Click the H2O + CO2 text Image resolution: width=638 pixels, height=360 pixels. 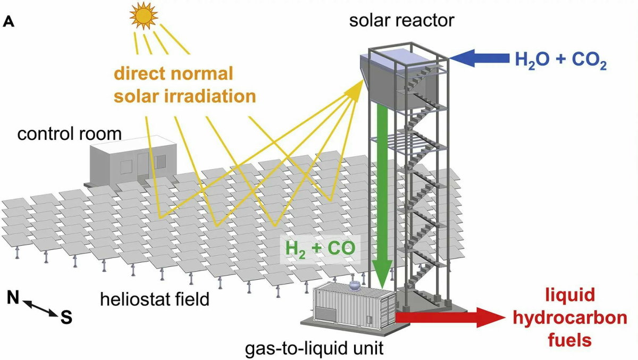tap(560, 60)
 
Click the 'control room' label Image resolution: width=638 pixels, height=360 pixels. tap(69, 133)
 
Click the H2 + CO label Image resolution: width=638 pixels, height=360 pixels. tap(320, 248)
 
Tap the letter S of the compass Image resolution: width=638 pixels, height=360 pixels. tap(66, 318)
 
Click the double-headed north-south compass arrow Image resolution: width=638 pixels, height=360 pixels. tap(39, 308)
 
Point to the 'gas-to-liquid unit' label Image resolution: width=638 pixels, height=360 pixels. tap(314, 348)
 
